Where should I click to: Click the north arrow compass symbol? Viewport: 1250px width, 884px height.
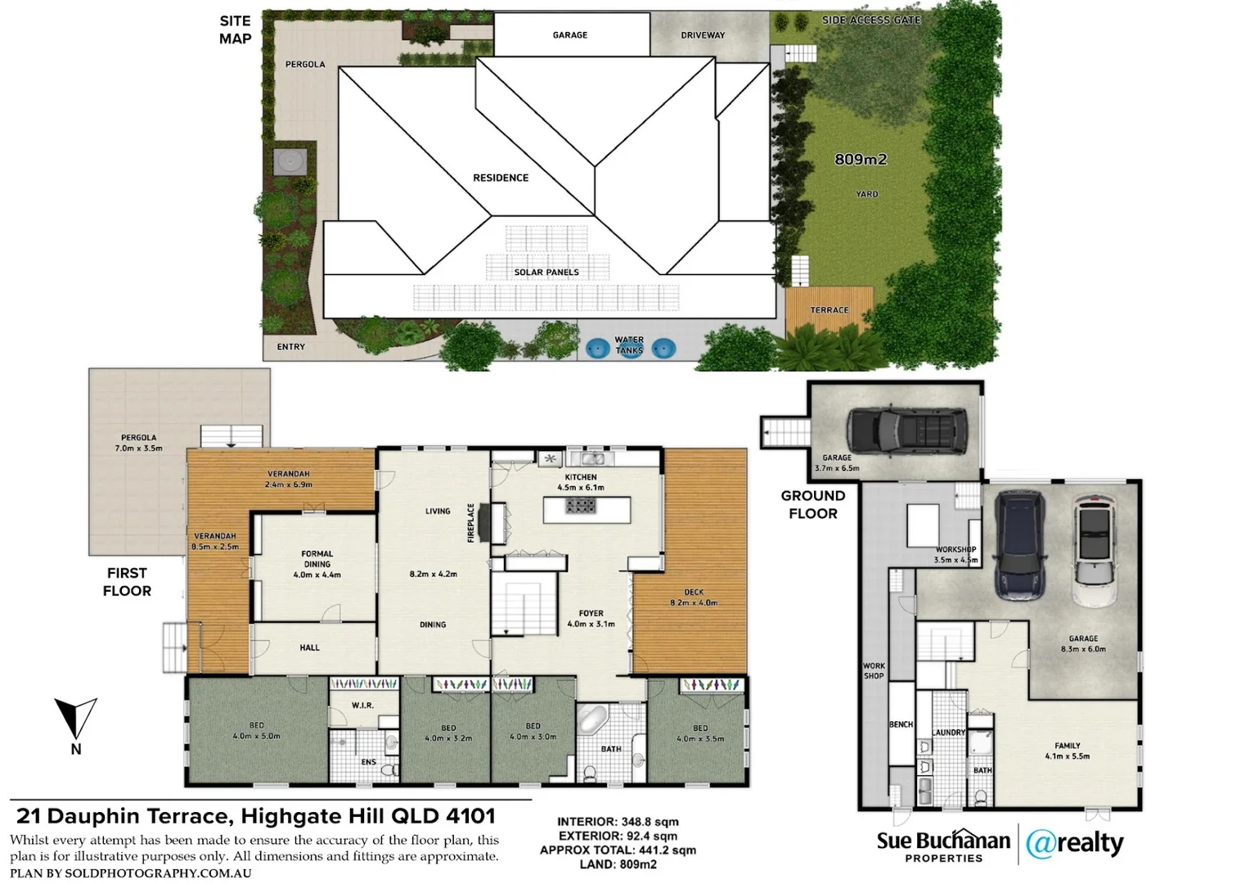click(75, 719)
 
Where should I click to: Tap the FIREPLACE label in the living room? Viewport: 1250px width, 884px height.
click(471, 522)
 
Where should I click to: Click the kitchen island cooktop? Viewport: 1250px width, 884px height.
click(581, 506)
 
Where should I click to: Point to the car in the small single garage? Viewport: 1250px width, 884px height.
click(906, 430)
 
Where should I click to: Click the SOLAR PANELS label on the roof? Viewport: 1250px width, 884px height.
click(546, 273)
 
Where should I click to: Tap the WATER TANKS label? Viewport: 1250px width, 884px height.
click(629, 345)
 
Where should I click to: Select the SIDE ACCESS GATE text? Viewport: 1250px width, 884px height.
click(871, 20)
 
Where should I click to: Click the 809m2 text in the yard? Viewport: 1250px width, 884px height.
click(861, 160)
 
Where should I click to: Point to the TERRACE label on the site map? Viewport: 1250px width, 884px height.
click(830, 310)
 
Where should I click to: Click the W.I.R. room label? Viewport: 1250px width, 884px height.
click(362, 706)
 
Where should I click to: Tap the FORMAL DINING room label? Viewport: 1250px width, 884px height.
click(317, 559)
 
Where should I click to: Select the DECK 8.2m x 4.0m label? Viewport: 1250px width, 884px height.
click(694, 598)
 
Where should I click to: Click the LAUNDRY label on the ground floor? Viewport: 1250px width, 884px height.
click(949, 733)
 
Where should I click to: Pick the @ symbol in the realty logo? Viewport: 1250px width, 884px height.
click(1041, 844)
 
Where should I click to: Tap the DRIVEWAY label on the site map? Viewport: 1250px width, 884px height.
click(703, 35)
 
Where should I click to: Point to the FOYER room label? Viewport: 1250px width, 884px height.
click(591, 613)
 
